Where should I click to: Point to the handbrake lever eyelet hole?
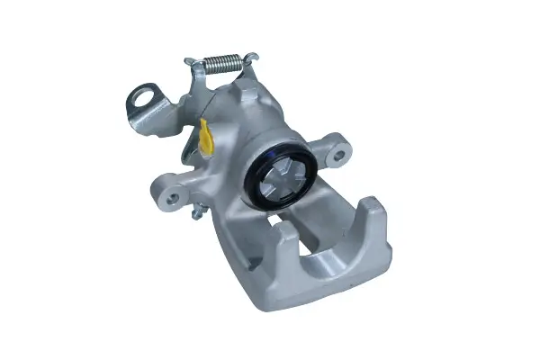[144, 97]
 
